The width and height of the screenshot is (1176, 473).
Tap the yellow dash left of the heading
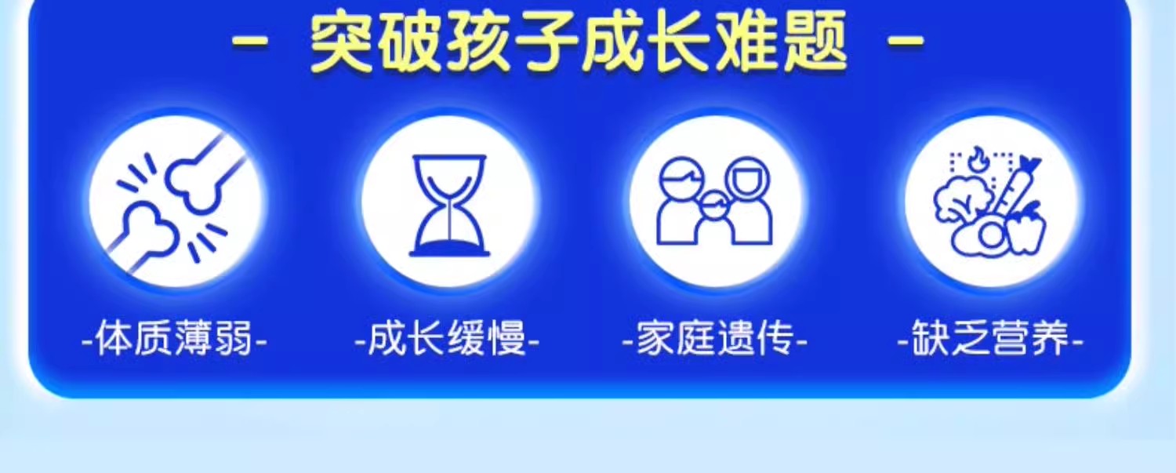tap(249, 42)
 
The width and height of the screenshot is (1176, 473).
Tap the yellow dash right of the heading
tap(906, 42)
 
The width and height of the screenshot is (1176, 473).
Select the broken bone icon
tap(176, 202)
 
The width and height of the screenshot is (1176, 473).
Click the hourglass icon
tap(449, 205)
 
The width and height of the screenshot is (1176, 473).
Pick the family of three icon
tap(714, 201)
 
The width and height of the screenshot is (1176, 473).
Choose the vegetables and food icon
tap(990, 202)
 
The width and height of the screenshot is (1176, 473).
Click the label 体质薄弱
tap(174, 339)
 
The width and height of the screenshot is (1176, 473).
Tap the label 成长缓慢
tap(448, 339)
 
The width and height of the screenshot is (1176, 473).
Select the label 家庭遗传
tap(714, 339)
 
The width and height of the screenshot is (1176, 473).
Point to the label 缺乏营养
tap(990, 339)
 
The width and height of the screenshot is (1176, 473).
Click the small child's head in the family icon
tap(714, 205)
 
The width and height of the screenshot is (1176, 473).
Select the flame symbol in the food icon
tap(978, 158)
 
